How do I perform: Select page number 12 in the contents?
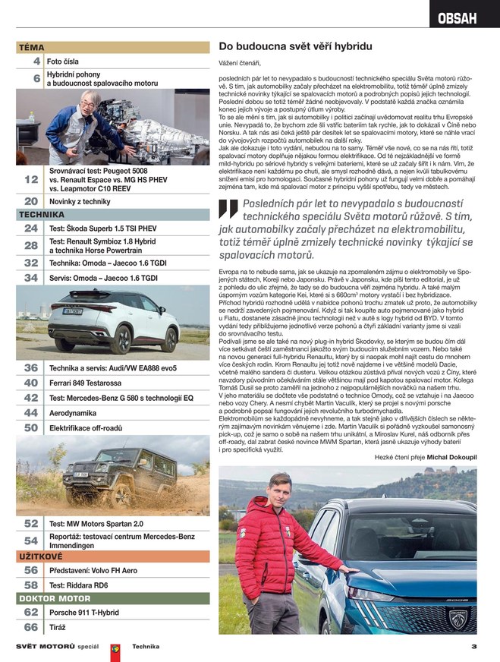pos(31,179)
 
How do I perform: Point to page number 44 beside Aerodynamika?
pos(31,412)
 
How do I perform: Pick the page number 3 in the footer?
pos(473,647)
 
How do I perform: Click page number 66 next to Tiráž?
pos(31,627)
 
